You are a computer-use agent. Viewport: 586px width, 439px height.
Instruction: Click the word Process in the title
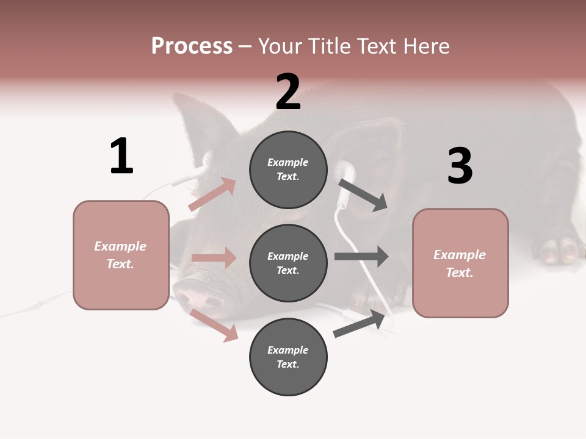click(192, 46)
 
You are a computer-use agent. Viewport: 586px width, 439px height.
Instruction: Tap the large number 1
click(121, 157)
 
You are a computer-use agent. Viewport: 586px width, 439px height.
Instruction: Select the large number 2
click(288, 92)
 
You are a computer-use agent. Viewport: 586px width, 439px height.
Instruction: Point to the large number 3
click(460, 166)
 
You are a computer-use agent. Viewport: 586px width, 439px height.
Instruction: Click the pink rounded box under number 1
click(121, 255)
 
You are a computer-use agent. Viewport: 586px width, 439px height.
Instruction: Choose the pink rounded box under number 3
click(460, 263)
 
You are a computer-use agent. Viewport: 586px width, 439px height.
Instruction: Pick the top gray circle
click(288, 170)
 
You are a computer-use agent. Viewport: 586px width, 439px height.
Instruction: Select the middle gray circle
click(288, 263)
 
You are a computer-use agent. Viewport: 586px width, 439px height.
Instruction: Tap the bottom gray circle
click(288, 357)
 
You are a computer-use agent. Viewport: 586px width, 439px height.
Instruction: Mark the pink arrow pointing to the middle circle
click(214, 258)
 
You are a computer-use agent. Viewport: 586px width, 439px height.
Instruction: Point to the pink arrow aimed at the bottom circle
click(214, 325)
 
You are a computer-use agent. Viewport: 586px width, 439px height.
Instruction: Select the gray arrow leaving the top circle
click(363, 195)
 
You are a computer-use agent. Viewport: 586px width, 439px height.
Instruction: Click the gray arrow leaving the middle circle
click(361, 257)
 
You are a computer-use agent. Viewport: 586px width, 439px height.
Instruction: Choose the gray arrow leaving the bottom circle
click(360, 324)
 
